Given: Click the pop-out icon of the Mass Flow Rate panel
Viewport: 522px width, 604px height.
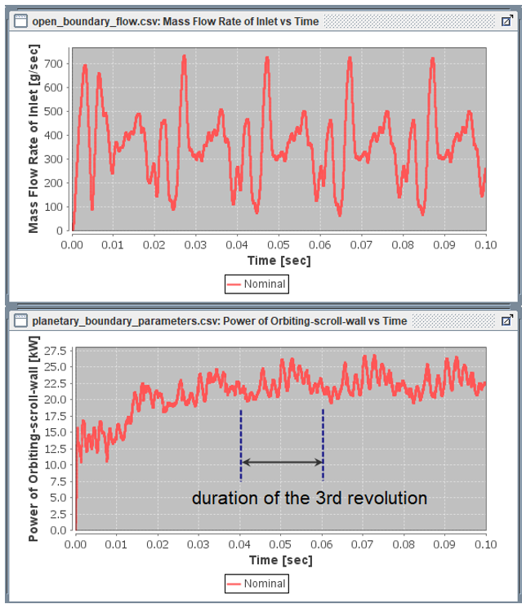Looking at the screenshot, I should (x=506, y=21).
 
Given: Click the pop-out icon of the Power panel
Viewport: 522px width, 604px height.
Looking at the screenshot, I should (x=506, y=321).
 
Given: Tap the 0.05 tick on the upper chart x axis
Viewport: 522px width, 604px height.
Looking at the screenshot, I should (x=279, y=244).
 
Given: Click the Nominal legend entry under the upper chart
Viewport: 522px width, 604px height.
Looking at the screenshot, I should (x=256, y=284).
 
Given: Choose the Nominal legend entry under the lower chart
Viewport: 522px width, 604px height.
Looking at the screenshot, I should (x=256, y=584).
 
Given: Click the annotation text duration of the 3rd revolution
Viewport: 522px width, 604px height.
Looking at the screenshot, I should (x=310, y=498).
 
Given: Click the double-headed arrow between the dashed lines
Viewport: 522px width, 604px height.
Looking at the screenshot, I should (x=282, y=463).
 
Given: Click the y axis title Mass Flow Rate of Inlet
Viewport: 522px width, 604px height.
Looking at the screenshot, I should (x=33, y=140).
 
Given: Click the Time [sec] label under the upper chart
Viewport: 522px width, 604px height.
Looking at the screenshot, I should (x=279, y=261).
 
